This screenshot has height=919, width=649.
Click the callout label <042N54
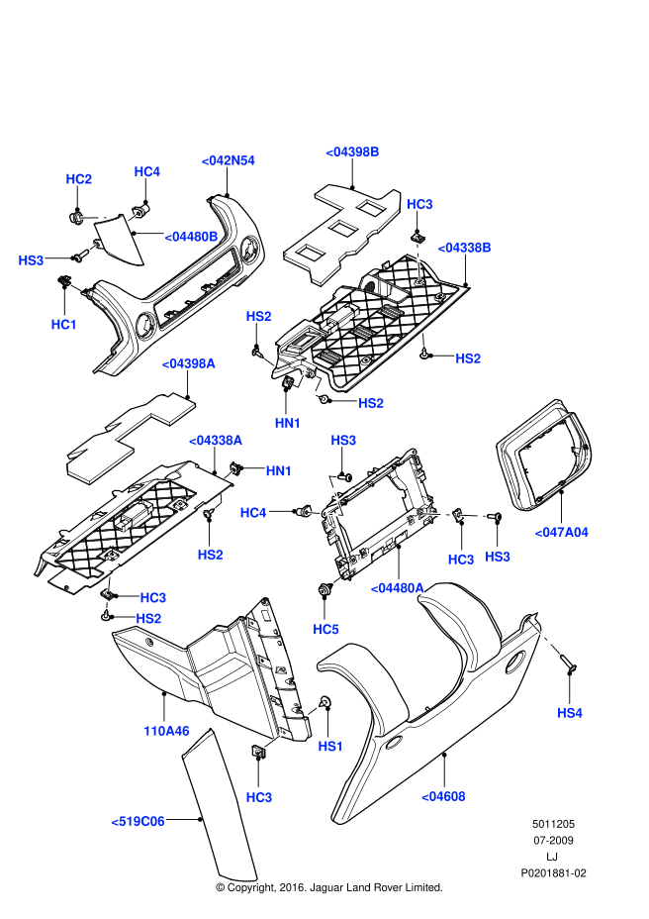pyautogui.click(x=228, y=160)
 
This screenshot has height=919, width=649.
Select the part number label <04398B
pyautogui.click(x=352, y=152)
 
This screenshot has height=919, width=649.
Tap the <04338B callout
pyautogui.click(x=464, y=247)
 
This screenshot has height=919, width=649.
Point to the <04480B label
pyautogui.click(x=190, y=236)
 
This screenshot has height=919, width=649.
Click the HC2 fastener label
pyautogui.click(x=78, y=179)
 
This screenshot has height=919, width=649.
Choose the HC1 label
pyautogui.click(x=64, y=324)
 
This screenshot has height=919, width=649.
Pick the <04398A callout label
pyautogui.click(x=188, y=363)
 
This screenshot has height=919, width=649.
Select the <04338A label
pyautogui.click(x=216, y=439)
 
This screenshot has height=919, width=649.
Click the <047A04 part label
pyautogui.click(x=561, y=532)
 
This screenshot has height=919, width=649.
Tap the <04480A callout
pyautogui.click(x=397, y=587)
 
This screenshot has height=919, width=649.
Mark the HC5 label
pyautogui.click(x=325, y=629)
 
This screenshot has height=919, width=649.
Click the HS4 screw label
pyautogui.click(x=570, y=712)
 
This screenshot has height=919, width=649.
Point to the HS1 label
pyautogui.click(x=329, y=746)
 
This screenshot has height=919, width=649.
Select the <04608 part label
pyautogui.click(x=443, y=795)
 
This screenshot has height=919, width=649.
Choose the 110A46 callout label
pyautogui.click(x=165, y=732)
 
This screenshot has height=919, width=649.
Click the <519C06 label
pyautogui.click(x=138, y=820)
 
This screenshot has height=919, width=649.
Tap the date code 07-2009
pyautogui.click(x=552, y=840)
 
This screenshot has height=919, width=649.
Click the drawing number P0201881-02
pyautogui.click(x=554, y=873)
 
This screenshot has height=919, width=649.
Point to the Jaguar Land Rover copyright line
pyautogui.click(x=328, y=887)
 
